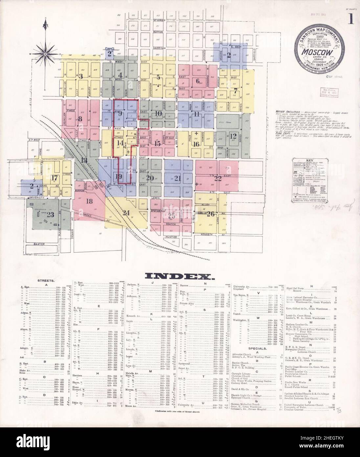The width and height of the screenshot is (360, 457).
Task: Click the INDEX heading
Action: pyautogui.click(x=180, y=276)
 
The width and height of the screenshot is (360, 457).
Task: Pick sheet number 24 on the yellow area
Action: pyautogui.click(x=126, y=212)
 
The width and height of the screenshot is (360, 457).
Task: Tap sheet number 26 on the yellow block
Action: pyautogui.click(x=211, y=213)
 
